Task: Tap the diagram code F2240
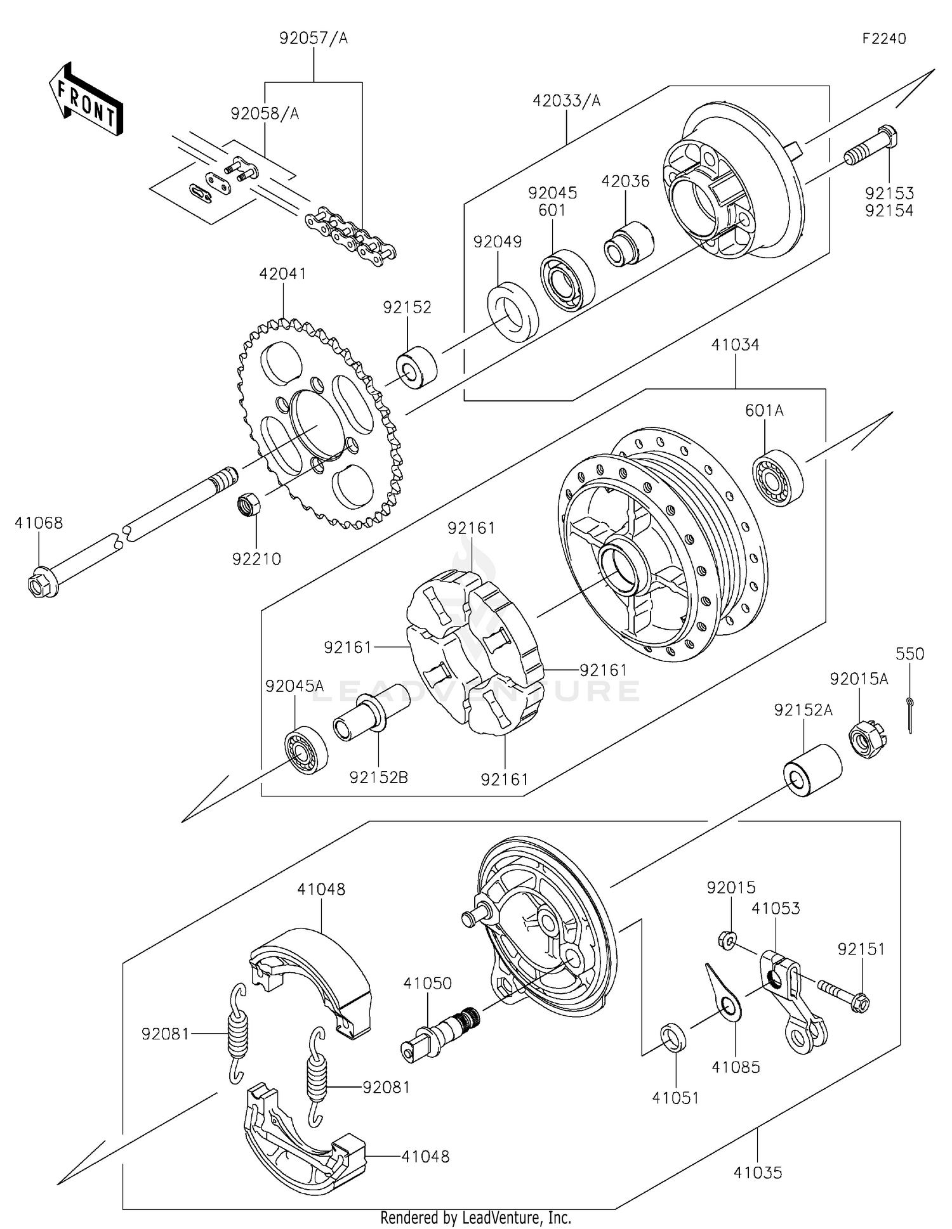(884, 39)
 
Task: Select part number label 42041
(282, 274)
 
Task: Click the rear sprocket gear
(321, 425)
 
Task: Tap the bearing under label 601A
(777, 479)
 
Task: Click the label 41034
(735, 345)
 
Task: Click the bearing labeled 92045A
(305, 750)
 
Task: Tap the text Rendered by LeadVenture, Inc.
(475, 1218)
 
